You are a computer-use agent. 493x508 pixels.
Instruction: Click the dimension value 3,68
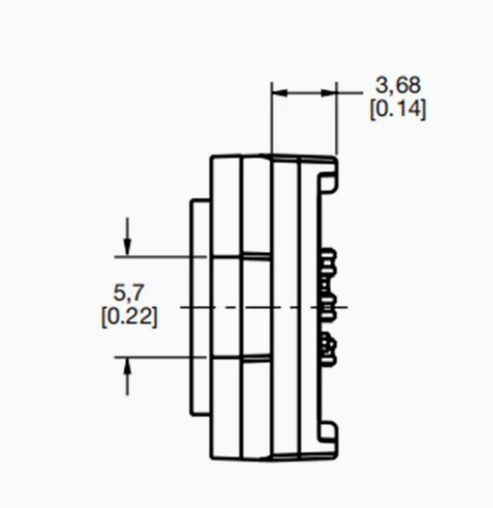point(398,85)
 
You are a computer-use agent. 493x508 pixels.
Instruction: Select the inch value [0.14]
point(398,109)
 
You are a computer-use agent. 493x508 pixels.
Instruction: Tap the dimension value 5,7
point(128,293)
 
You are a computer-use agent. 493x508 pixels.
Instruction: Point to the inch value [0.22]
point(130,316)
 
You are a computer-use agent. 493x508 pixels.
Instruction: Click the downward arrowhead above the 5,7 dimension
point(128,247)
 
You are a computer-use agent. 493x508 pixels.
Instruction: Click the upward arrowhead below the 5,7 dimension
point(128,367)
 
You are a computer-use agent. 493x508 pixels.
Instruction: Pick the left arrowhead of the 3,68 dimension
point(280,93)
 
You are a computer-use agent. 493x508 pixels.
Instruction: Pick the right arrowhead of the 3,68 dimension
point(328,93)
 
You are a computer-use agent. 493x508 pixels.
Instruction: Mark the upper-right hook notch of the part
point(328,182)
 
